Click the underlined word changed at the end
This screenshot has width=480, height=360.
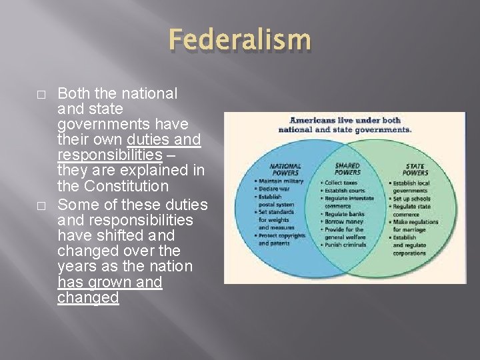tap(88, 297)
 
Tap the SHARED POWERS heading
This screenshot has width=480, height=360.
tap(347, 169)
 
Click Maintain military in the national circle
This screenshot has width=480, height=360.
tap(279, 181)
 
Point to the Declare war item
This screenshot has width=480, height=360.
tap(273, 189)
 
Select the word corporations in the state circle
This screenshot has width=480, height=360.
tap(410, 254)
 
